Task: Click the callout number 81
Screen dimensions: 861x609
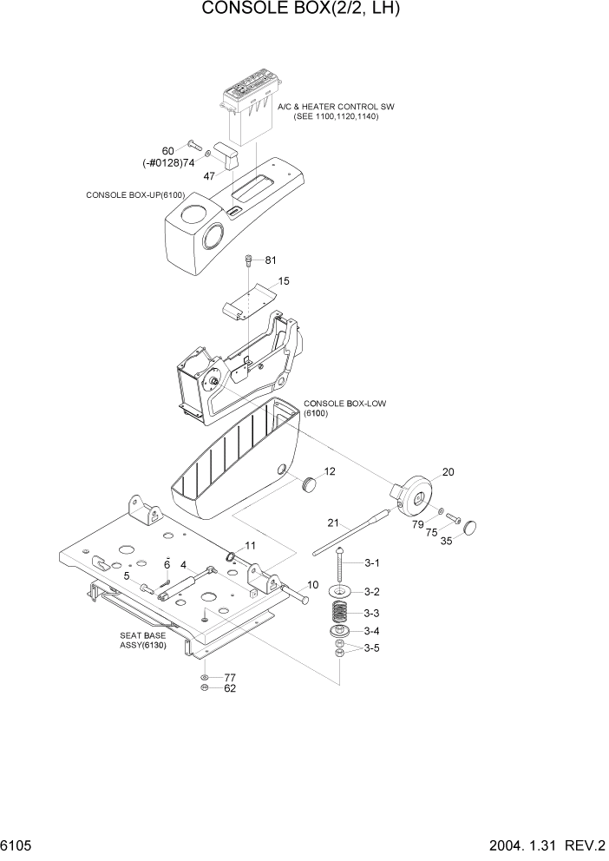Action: pos(271,260)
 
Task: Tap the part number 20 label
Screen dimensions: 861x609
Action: pos(448,472)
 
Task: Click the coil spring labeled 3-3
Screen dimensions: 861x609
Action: pos(340,610)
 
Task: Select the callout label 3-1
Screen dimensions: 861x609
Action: pos(371,563)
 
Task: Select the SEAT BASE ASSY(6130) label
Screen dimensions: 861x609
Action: pos(144,641)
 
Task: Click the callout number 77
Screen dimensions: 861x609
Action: pos(230,677)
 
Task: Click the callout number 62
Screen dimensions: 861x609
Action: pos(230,688)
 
